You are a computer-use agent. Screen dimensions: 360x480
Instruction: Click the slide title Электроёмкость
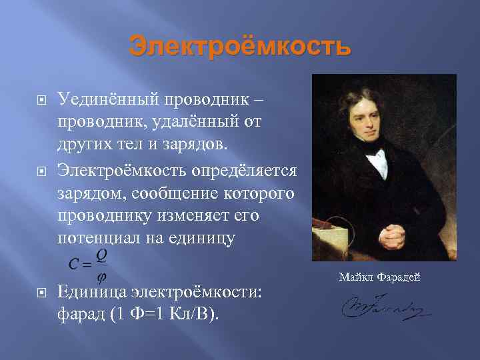[239, 47]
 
